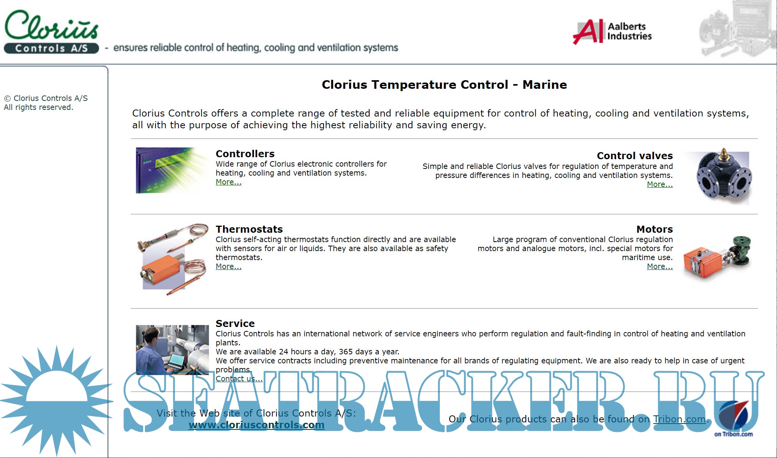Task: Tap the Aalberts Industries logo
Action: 612,32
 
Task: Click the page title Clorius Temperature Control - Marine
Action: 444,84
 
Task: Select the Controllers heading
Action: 245,154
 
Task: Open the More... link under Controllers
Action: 229,182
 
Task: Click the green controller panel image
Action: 171,170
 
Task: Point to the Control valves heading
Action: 634,156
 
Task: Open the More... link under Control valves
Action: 659,184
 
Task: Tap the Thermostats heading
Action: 249,229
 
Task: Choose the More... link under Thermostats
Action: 229,266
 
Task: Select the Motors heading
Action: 654,229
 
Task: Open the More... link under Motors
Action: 659,266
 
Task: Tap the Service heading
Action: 235,323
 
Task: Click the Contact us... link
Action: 239,379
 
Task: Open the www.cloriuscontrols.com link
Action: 256,425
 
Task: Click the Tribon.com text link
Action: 679,419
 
